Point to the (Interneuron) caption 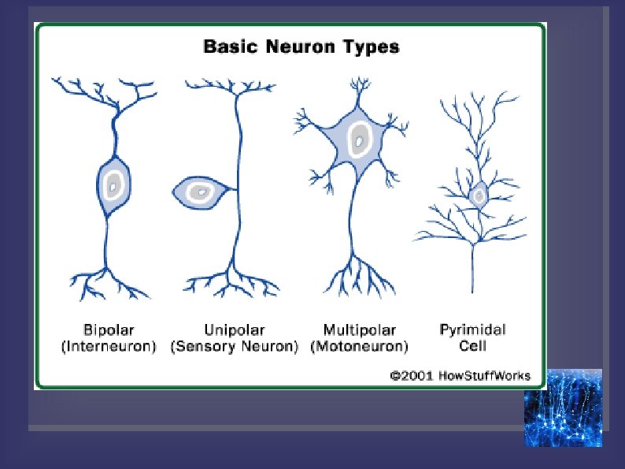(109, 346)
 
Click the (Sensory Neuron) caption (234, 346)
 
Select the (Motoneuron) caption (360, 346)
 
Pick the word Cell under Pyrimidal (472, 346)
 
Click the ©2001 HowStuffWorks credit (460, 376)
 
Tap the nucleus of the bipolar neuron (114, 186)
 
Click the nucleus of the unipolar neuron (202, 192)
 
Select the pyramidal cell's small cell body (478, 193)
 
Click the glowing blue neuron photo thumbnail (563, 408)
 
